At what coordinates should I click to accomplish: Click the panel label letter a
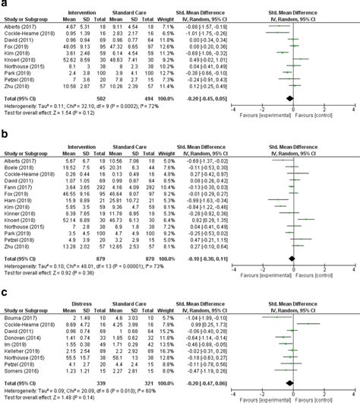5,5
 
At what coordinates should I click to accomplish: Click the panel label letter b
5,131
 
